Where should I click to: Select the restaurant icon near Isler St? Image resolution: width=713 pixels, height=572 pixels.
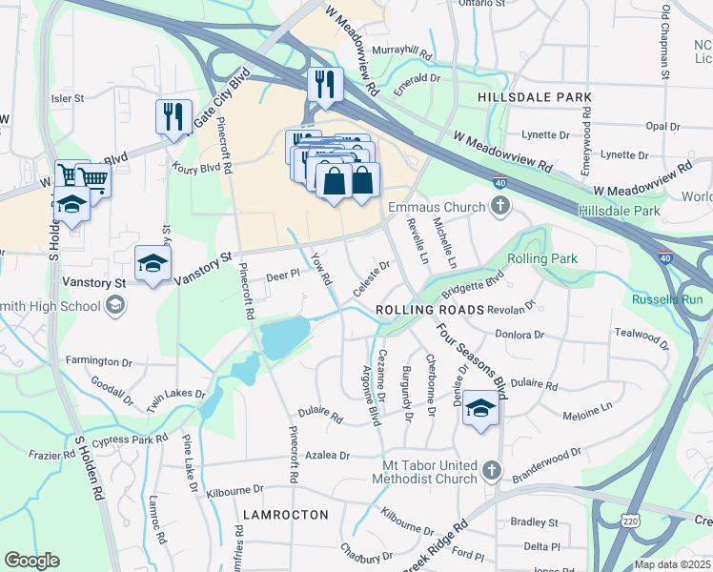coord(173,117)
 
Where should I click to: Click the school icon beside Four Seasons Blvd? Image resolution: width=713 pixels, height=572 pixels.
coord(480,409)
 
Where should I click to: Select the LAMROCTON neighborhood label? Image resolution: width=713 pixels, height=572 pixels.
coord(285,515)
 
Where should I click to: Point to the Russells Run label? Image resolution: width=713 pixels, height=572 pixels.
coord(667,299)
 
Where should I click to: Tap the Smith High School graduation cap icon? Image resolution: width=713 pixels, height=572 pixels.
coord(115,306)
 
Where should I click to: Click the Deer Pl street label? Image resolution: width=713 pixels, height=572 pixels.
coord(283,274)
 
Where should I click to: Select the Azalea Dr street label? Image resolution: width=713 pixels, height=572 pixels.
coord(328,456)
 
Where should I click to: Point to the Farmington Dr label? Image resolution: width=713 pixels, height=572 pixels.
coord(98,362)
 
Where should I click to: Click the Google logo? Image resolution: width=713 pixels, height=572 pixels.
coord(31,561)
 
